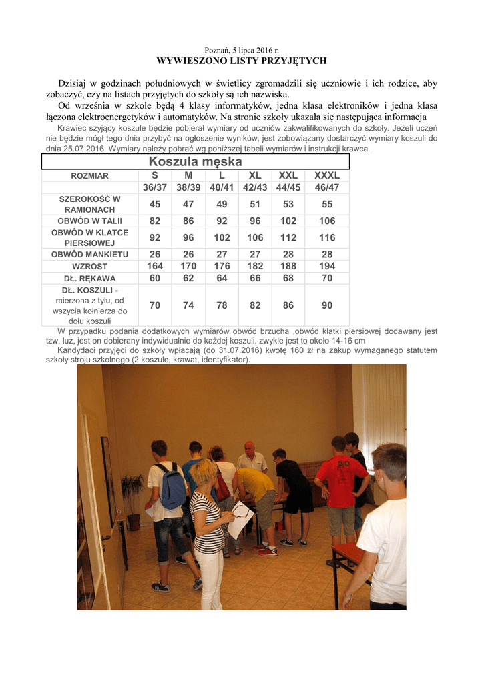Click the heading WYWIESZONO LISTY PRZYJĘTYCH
[x=241, y=61]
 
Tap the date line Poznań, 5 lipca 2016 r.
[x=241, y=51]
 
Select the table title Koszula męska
[x=196, y=162]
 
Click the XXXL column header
[x=327, y=175]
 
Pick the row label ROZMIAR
[x=89, y=176]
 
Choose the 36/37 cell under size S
[x=155, y=187]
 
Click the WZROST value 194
[x=327, y=266]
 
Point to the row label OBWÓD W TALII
[x=89, y=221]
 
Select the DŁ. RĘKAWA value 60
[x=155, y=278]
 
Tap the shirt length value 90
[x=327, y=305]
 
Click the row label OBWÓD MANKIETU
[x=89, y=254]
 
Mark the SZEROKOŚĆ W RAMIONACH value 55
[x=327, y=204]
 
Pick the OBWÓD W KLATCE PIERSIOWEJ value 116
[x=327, y=237]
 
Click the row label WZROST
[x=89, y=266]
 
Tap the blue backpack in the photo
[x=172, y=486]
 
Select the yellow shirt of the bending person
[x=257, y=482]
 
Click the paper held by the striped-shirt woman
[x=239, y=519]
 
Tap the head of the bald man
[x=249, y=448]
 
